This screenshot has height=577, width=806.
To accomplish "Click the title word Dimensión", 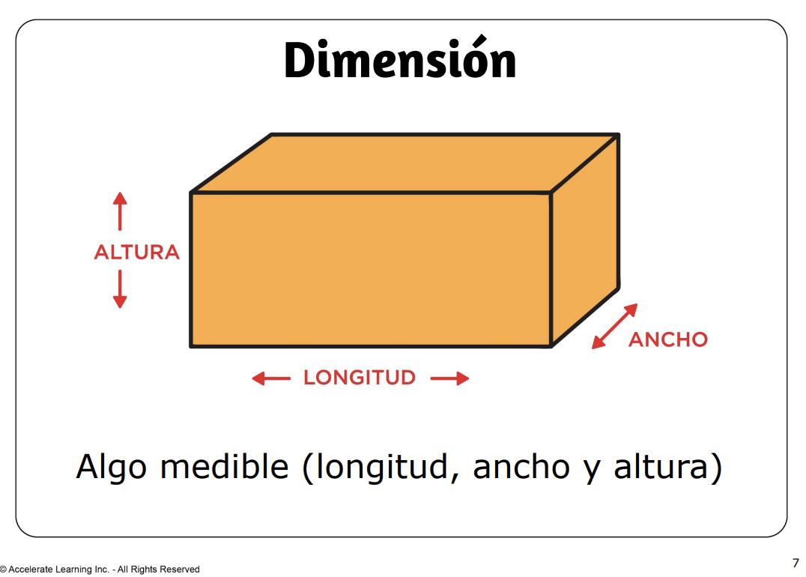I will (x=400, y=61).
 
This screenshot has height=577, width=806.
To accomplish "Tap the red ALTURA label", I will (x=136, y=253).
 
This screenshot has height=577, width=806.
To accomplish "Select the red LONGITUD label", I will (x=359, y=378).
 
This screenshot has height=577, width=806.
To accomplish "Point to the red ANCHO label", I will (x=667, y=340).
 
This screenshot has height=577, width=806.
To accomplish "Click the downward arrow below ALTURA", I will (x=119, y=289).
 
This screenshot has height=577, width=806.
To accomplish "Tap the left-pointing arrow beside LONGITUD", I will (x=270, y=378).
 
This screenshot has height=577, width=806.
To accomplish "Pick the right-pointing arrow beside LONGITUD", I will (x=449, y=378).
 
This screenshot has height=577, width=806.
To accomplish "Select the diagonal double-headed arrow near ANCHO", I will (x=614, y=326).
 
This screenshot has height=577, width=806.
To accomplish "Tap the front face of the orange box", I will (x=371, y=270).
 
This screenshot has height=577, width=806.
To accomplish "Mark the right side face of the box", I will (x=585, y=240).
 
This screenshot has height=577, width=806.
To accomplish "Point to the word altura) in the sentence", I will (x=667, y=468).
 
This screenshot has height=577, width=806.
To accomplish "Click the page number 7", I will (x=795, y=563).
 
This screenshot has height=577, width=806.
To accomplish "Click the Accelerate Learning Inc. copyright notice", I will (x=100, y=570).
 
